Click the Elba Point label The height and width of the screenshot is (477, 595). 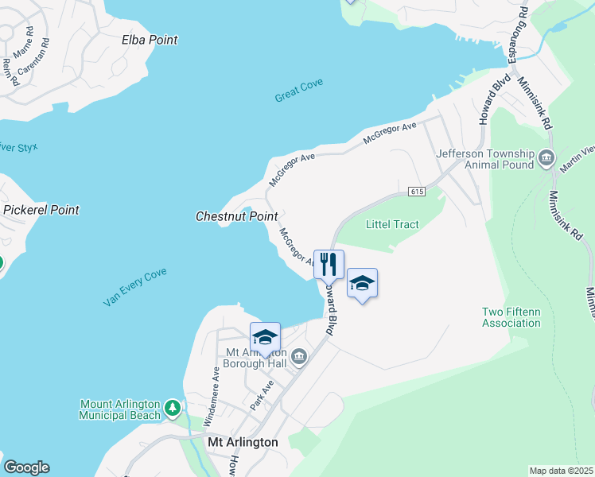[150, 40]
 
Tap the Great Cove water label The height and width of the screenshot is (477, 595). [299, 90]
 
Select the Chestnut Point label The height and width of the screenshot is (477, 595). [236, 216]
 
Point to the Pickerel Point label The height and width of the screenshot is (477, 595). [41, 210]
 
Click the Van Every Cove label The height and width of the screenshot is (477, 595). [134, 287]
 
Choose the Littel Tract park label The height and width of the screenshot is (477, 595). [392, 224]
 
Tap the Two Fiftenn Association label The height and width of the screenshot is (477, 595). [511, 317]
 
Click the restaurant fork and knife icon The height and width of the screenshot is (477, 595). [329, 263]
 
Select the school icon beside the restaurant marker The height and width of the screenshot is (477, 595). [362, 283]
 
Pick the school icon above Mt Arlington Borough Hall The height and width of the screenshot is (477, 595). [265, 337]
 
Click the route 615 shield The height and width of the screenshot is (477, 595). [417, 192]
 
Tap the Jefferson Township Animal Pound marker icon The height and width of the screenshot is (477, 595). [546, 157]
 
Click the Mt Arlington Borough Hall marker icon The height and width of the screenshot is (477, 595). [299, 356]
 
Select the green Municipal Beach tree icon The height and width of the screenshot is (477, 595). [173, 409]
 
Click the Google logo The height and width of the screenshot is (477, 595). [26, 467]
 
